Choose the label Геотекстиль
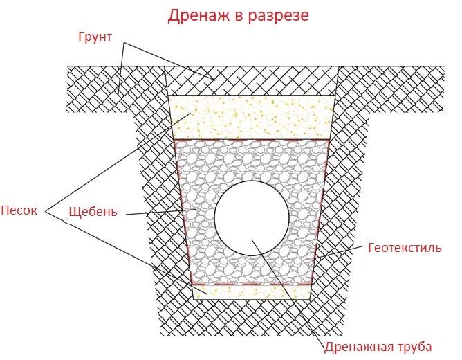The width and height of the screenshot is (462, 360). pyautogui.click(x=404, y=247)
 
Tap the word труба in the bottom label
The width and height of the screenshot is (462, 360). pyautogui.click(x=413, y=346)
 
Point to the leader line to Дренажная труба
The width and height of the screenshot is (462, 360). pyautogui.click(x=290, y=291)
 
